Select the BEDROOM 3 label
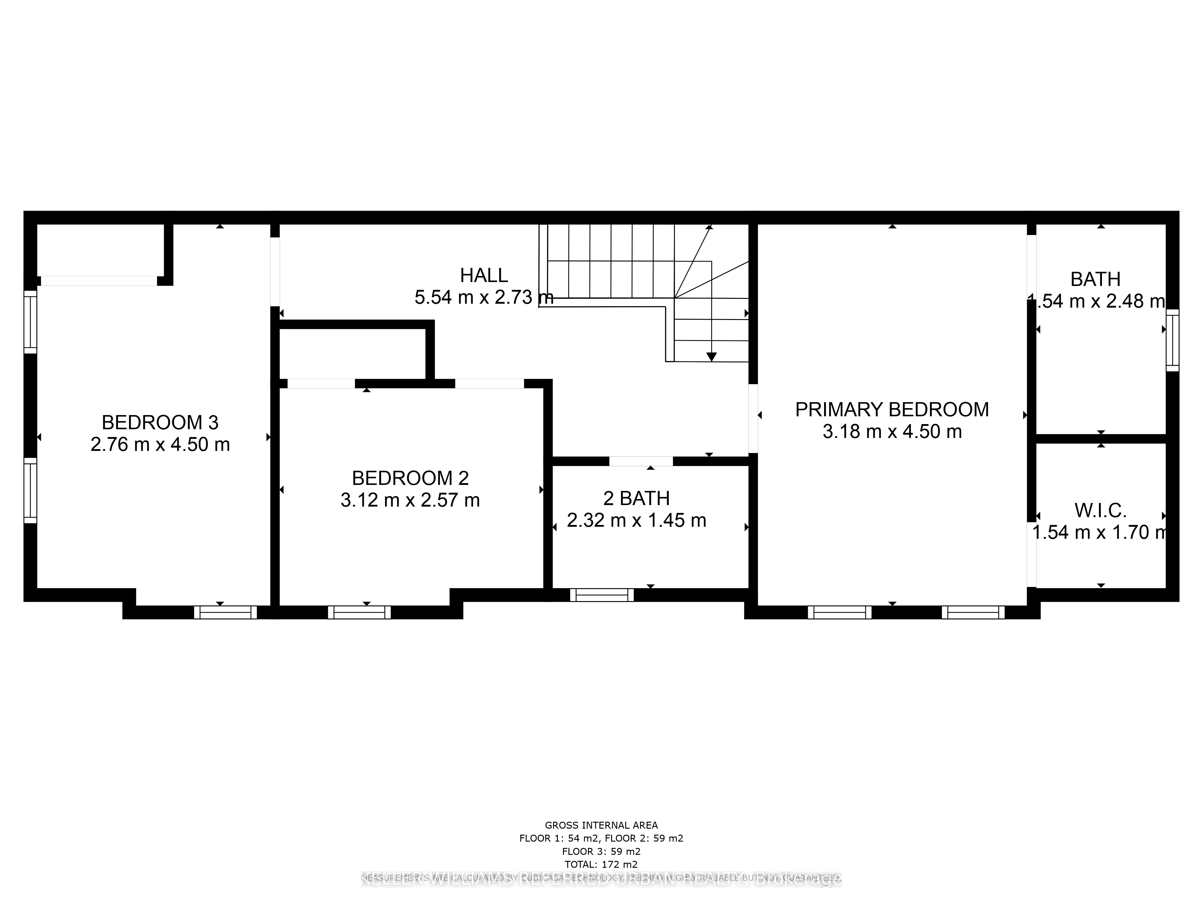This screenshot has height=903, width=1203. (x=160, y=422)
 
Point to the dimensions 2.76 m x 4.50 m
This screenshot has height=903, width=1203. (x=160, y=445)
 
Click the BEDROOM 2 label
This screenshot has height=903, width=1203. (x=410, y=479)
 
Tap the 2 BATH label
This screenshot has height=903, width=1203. (x=636, y=498)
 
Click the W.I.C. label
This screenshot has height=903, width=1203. (x=1100, y=510)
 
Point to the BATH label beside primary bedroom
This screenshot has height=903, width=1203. (x=1095, y=279)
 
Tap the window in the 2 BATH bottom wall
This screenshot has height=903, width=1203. (x=601, y=595)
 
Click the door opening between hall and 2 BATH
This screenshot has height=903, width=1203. (x=641, y=461)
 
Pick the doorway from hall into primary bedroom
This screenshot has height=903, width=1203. (x=753, y=418)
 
